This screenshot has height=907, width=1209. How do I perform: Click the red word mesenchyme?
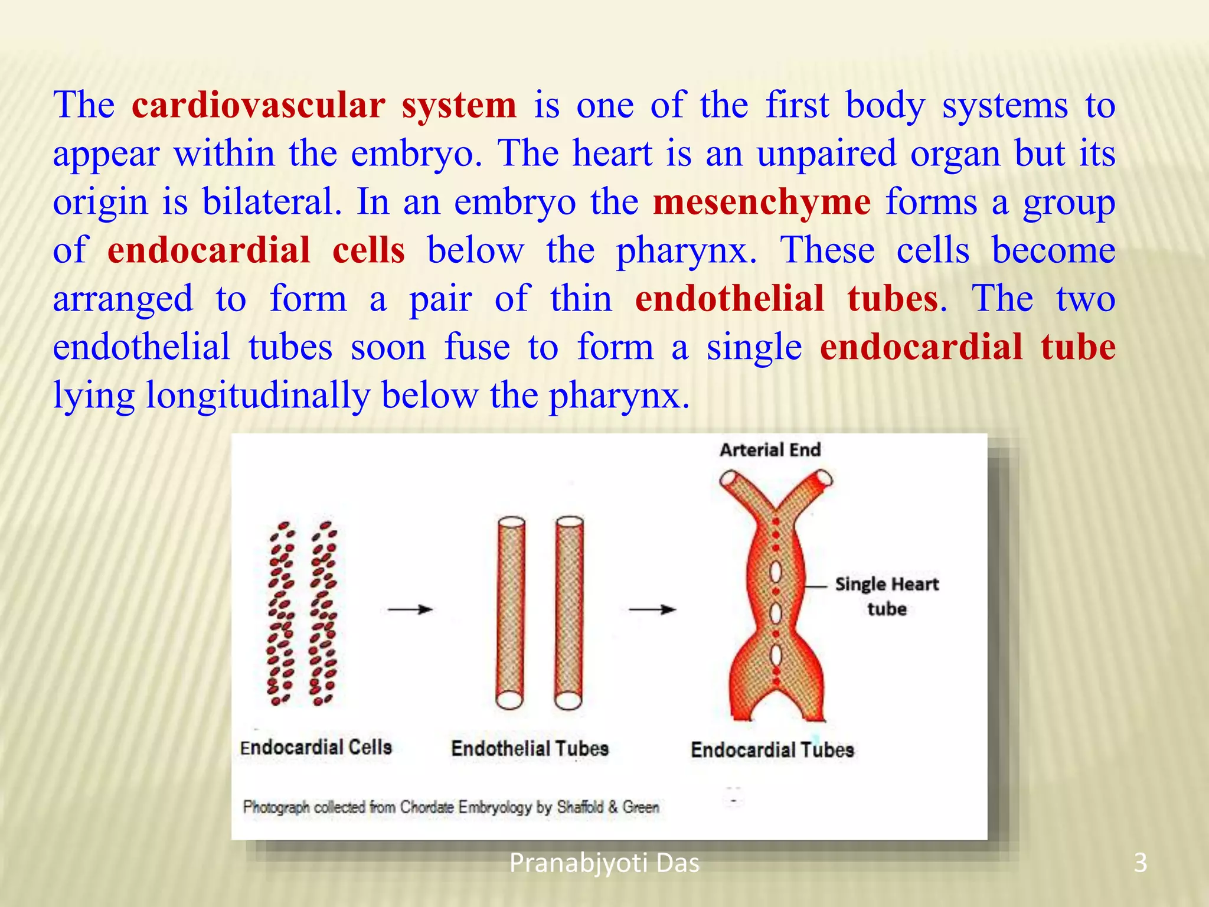tap(762, 203)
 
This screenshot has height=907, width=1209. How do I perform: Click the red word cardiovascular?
tap(259, 106)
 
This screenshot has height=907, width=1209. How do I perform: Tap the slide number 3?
tap(1140, 863)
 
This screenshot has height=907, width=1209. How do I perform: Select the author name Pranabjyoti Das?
tap(604, 863)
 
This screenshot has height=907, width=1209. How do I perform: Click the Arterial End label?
tap(770, 450)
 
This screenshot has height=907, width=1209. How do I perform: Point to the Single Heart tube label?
tap(886, 596)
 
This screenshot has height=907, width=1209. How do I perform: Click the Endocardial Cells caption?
tap(316, 748)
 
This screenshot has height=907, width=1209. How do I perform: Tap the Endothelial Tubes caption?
tap(530, 749)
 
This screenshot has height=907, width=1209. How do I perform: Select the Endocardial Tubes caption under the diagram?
tap(772, 750)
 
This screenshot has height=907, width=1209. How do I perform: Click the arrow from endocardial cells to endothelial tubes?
tap(410, 609)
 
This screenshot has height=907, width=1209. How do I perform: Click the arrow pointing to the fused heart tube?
tap(652, 609)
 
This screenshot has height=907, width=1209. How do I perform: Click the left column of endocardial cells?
tap(281, 614)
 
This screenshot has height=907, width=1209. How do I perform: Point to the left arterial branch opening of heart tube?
tap(730, 477)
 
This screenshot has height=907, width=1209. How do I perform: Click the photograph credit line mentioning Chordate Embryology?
tap(451, 807)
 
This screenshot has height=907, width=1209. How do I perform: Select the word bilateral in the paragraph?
tap(272, 203)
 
